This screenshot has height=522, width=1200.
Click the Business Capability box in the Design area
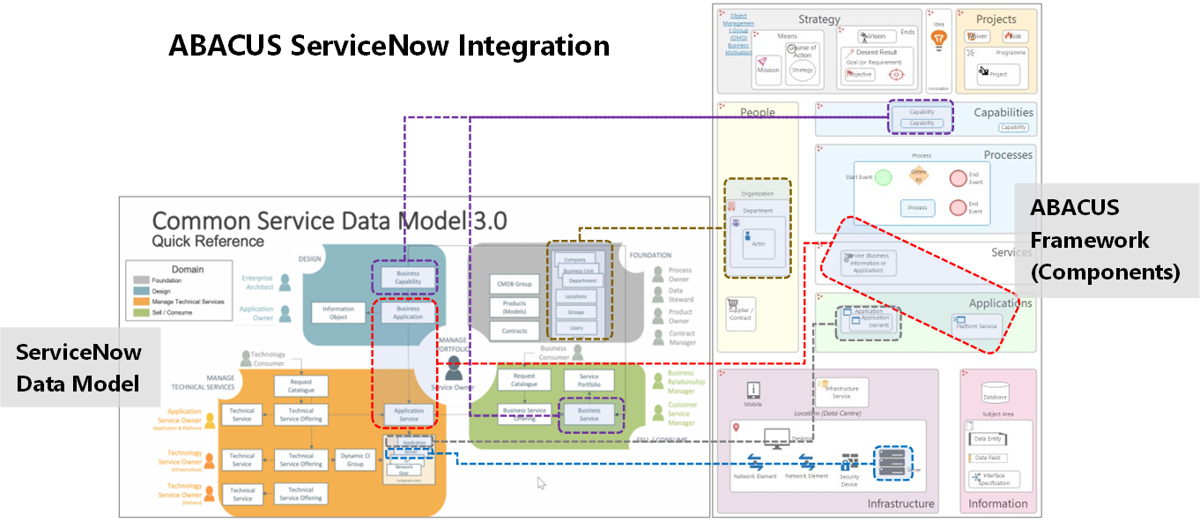click(x=407, y=277)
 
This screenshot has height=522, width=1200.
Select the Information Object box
click(x=338, y=313)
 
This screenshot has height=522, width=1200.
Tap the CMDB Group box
click(x=515, y=284)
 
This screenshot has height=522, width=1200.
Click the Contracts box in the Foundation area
click(x=515, y=331)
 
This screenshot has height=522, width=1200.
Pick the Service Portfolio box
click(x=589, y=380)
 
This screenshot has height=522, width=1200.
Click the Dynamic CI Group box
click(x=355, y=459)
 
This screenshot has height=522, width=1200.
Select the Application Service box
click(x=408, y=414)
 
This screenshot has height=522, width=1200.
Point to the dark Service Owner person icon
click(x=454, y=368)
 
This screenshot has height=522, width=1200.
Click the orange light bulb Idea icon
click(x=938, y=40)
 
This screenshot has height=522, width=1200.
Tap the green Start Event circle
click(x=884, y=177)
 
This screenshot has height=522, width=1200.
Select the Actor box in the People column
click(x=758, y=239)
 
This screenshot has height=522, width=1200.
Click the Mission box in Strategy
click(x=767, y=66)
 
